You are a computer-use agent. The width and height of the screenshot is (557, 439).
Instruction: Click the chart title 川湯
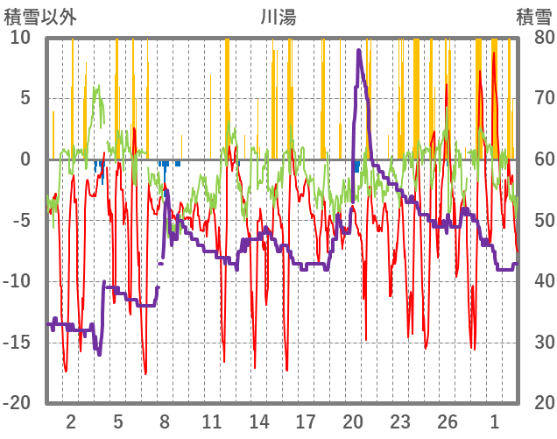click(x=278, y=16)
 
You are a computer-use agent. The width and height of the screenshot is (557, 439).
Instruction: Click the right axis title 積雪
click(x=532, y=16)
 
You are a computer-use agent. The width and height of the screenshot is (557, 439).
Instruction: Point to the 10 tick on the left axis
click(x=20, y=38)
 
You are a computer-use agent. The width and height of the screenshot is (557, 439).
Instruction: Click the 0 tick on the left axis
click(x=25, y=159)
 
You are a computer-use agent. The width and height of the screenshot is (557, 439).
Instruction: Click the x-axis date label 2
click(x=71, y=421)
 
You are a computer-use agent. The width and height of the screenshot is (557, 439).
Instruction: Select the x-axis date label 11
click(x=211, y=421)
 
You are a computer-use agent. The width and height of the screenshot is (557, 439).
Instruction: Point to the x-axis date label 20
click(x=353, y=421)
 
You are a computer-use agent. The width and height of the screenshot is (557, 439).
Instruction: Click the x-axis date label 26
click(x=448, y=421)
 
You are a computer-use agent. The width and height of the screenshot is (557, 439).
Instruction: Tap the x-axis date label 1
click(x=495, y=421)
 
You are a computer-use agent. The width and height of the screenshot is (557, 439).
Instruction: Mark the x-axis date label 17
click(x=306, y=421)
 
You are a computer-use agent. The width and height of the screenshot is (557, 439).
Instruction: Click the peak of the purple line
click(x=359, y=51)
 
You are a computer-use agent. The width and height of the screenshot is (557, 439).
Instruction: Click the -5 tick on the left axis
click(x=20, y=221)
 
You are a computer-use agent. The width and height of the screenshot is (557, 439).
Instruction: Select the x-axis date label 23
click(x=400, y=421)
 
